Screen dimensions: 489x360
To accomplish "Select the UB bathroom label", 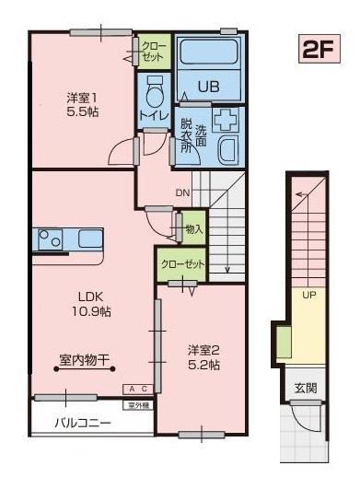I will (207, 86).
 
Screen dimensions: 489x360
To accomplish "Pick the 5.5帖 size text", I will (82, 111).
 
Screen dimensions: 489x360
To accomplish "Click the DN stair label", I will (182, 193).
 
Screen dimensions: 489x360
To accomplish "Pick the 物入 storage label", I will (192, 227).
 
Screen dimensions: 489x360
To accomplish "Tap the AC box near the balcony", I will (137, 390).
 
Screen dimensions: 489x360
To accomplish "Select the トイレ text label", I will (153, 116).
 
